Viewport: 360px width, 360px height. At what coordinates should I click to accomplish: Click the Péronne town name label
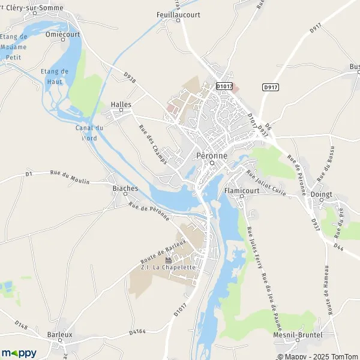[212, 155]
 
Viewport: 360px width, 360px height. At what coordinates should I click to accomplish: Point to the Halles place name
[121, 104]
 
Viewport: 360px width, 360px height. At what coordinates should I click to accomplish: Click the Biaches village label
[125, 188]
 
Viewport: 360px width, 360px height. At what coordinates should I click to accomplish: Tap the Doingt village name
[322, 194]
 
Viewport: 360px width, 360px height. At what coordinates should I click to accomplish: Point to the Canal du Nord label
[89, 132]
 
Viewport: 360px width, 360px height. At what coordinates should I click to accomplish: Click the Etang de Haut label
[54, 76]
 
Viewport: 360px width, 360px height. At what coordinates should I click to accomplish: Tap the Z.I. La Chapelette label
[169, 267]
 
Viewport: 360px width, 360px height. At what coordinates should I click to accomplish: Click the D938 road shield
[129, 77]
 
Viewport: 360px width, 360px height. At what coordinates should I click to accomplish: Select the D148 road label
[22, 326]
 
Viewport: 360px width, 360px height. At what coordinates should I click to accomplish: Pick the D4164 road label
[137, 331]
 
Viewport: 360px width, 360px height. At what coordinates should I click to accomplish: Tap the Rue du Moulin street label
[65, 173]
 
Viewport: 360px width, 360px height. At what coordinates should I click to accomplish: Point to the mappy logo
[19, 353]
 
